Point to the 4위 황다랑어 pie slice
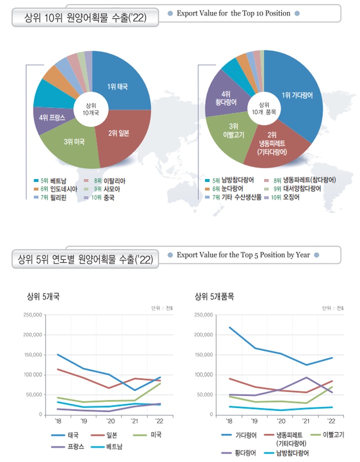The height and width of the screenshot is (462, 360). pos(225,97)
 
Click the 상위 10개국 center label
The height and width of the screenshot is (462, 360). pos(91,109)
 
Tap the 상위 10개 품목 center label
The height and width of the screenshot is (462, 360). pos(263,108)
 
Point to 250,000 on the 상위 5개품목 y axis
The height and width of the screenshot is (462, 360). pos(203,314)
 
